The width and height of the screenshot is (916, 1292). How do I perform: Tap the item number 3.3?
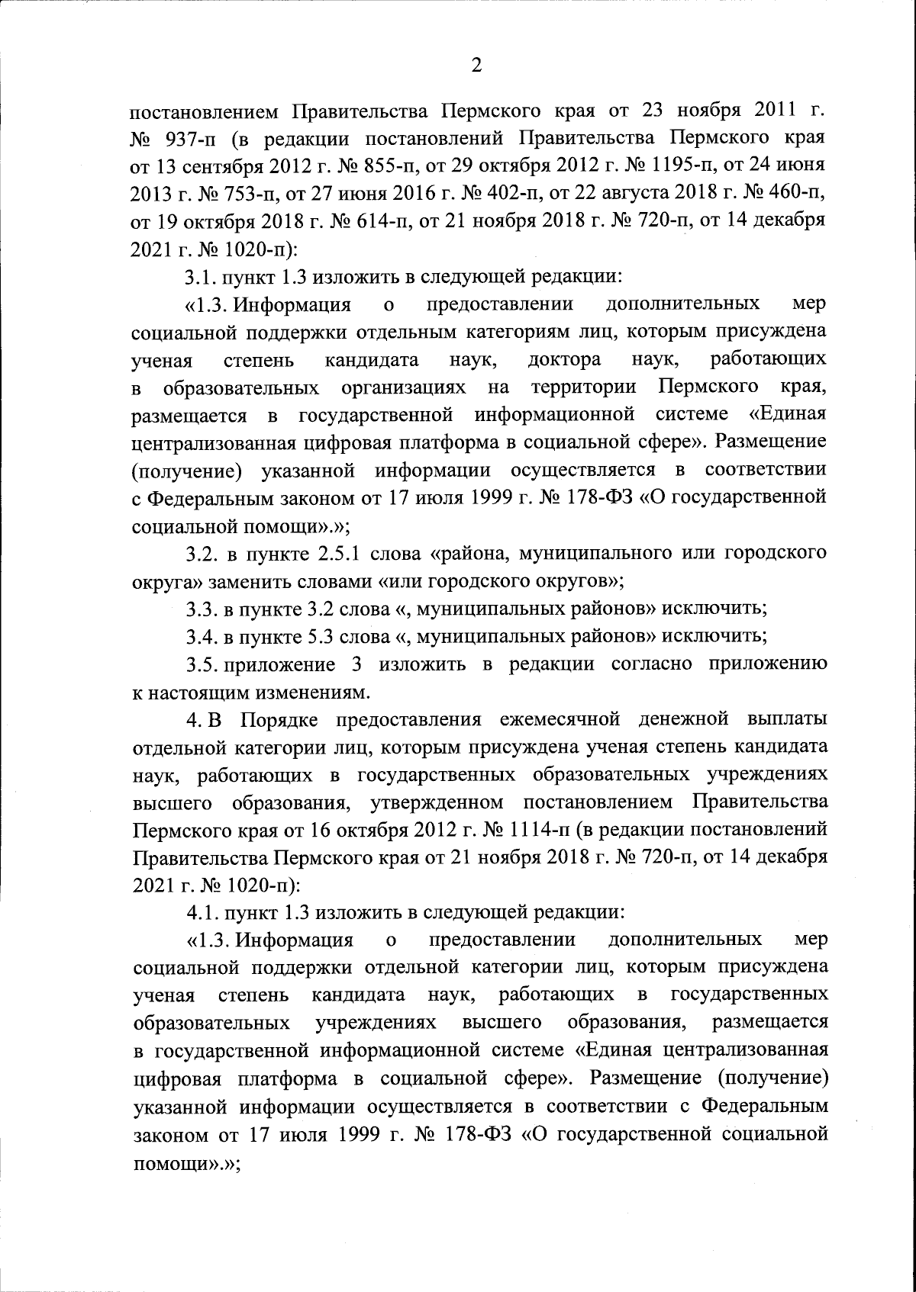click(202, 608)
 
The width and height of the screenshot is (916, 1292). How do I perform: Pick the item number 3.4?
click(202, 635)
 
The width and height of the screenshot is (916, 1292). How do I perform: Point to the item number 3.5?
click(202, 663)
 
